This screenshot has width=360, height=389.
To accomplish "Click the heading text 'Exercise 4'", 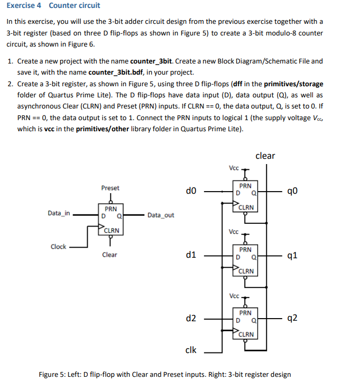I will coord(24,5).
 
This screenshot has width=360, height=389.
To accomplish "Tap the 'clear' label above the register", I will coord(265,156).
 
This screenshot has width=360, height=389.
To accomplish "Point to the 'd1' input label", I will coord(191,255).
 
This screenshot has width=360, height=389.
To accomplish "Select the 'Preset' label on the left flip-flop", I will coord(110,188).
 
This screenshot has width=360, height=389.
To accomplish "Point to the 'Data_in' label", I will coord(59,213).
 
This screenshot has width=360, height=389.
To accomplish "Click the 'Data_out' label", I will coord(161,215).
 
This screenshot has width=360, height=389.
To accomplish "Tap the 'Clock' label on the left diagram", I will coord(58,247).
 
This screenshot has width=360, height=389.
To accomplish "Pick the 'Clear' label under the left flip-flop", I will coord(109,255).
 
